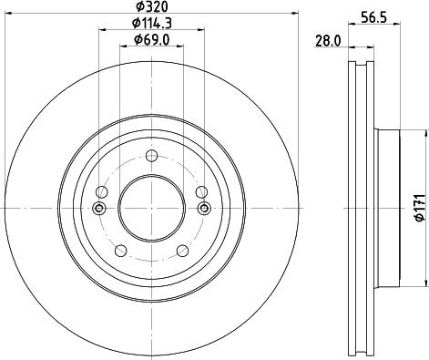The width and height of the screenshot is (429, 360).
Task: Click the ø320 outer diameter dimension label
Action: pyautogui.click(x=150, y=7)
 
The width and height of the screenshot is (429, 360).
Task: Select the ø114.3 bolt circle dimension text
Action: pyautogui.click(x=150, y=23)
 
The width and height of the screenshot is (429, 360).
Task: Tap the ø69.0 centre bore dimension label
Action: pyautogui.click(x=150, y=39)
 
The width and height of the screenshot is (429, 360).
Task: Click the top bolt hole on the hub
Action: pyautogui.click(x=151, y=155)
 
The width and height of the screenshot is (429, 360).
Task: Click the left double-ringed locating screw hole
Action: pyautogui.click(x=99, y=210)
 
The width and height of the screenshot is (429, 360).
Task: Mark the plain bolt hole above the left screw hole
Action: pyautogui.click(x=101, y=191)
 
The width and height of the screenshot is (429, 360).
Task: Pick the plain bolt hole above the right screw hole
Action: pyautogui.click(x=200, y=191)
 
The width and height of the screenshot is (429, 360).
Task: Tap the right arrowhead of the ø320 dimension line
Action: pyautogui.click(x=295, y=14)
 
